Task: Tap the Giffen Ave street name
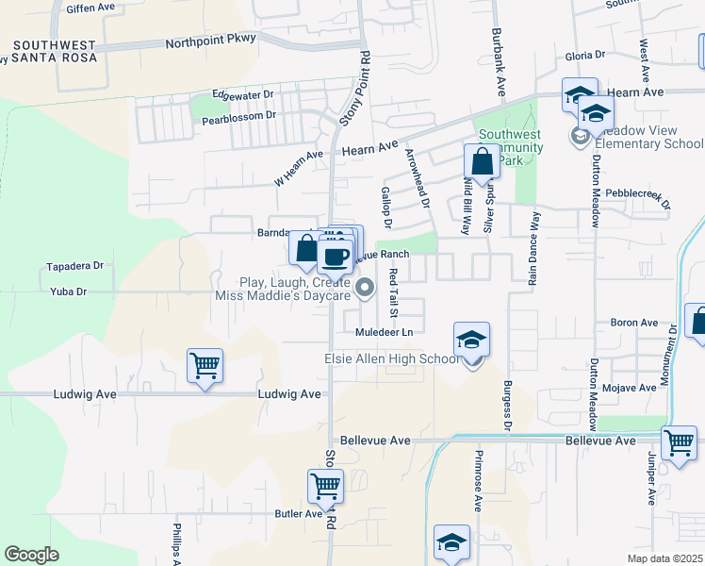tap(90, 8)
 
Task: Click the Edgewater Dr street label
tap(242, 95)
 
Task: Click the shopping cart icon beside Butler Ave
tap(324, 486)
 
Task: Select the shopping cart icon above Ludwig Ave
tap(205, 364)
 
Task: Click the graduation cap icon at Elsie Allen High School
tap(471, 340)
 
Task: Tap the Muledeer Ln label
tap(384, 333)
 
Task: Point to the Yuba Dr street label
tap(68, 292)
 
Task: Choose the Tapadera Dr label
tap(74, 267)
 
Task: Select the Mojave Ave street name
tap(633, 388)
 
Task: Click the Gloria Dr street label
tap(584, 56)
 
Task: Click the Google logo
tap(32, 555)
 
